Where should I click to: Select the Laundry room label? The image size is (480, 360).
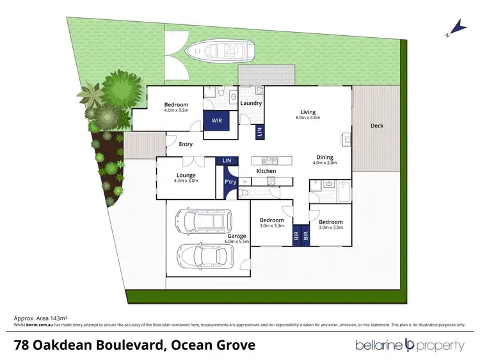coord(251,103)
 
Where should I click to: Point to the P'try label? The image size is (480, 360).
coord(230,183)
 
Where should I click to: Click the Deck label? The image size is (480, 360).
coord(377,126)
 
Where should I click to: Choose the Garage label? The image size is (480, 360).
coord(237,235)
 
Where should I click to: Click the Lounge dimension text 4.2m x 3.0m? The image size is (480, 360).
coord(186,181)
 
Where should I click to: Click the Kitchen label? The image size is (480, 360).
coord(266,172)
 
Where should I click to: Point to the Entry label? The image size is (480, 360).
coord(186,144)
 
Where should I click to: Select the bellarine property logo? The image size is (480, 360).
coord(410,345)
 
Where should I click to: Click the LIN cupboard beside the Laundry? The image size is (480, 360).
coord(259,131)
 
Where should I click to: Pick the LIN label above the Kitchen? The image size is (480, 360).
coord(226,160)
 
